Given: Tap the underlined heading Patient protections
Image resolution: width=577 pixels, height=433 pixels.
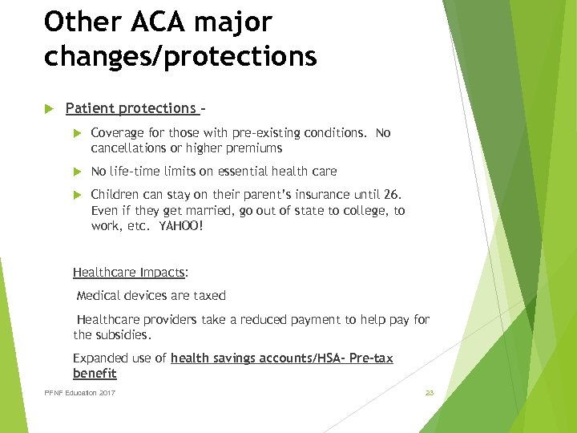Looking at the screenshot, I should click(131, 108).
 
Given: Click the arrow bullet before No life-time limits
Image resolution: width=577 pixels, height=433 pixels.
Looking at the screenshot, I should click(78, 171).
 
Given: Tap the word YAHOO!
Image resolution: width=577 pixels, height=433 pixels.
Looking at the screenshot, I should click(181, 226).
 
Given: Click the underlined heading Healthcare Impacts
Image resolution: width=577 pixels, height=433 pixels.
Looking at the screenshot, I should click(128, 273).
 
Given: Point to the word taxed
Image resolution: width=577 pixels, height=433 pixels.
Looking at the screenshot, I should click(209, 295).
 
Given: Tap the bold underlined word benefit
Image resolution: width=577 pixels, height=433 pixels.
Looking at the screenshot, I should click(95, 373).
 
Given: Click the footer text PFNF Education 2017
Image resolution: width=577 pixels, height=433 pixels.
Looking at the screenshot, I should click(79, 393).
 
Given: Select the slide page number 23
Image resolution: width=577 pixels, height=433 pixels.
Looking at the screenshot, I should click(429, 393).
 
